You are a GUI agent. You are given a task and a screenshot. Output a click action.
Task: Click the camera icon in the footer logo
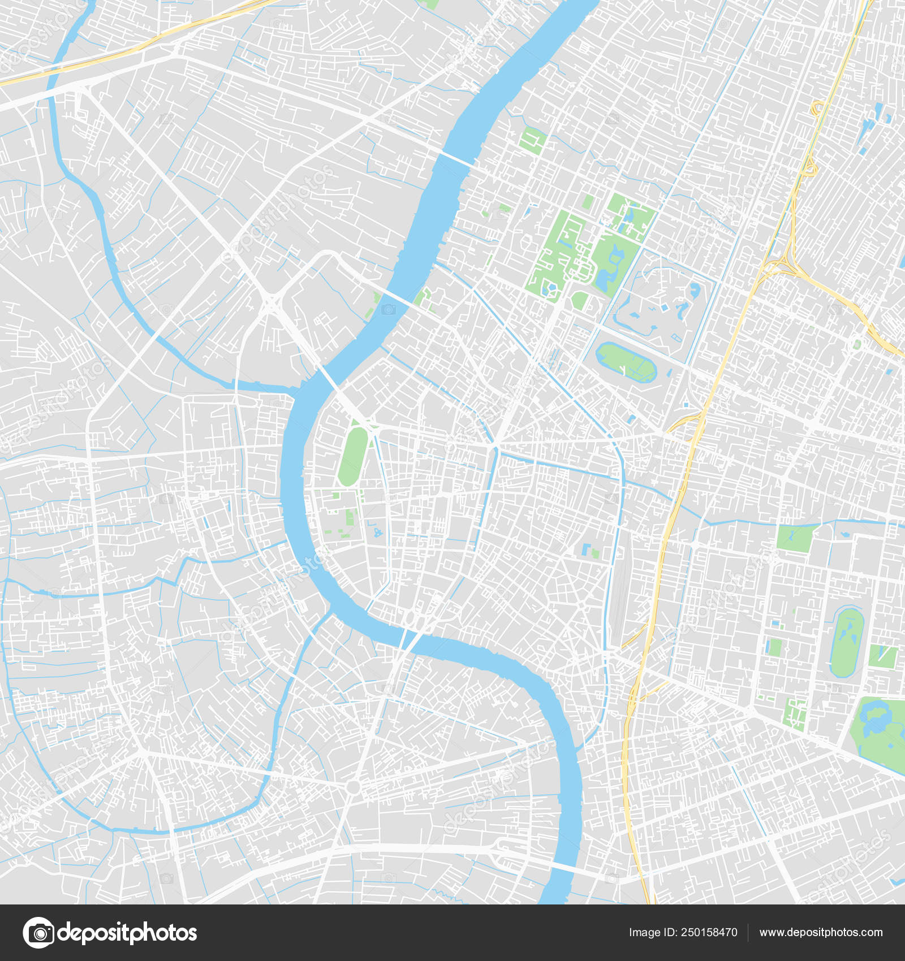pyautogui.click(x=38, y=933)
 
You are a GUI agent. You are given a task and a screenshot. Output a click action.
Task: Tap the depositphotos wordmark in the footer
pyautogui.click(x=128, y=933)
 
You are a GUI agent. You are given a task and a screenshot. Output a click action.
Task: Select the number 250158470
pyautogui.click(x=709, y=933)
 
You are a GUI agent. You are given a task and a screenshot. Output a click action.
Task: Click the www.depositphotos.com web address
pyautogui.click(x=821, y=933)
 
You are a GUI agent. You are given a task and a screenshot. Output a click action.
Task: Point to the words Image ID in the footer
pyautogui.click(x=653, y=933)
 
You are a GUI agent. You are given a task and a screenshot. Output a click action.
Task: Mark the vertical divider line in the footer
pyautogui.click(x=748, y=933)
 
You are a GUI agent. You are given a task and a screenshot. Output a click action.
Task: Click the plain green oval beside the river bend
pyautogui.click(x=353, y=456)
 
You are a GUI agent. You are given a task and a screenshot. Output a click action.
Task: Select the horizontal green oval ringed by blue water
pyautogui.click(x=627, y=362)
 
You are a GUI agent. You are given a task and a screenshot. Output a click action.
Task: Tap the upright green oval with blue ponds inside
pyautogui.click(x=846, y=642)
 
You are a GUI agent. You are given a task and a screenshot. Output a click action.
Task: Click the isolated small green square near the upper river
pyautogui.click(x=532, y=140)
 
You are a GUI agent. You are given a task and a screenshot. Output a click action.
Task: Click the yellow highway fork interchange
pyautogui.click(x=784, y=263)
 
